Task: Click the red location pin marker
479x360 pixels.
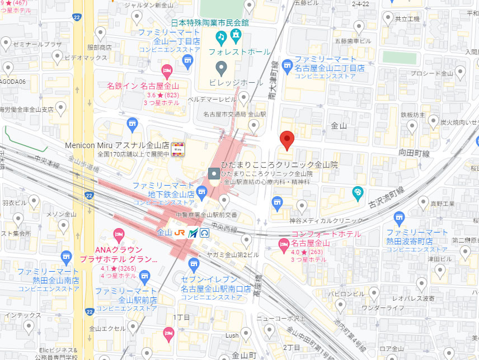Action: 287,140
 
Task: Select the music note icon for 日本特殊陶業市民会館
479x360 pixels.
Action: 222,38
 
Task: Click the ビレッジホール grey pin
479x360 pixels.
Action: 222,69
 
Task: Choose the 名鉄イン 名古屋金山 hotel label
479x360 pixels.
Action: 143,86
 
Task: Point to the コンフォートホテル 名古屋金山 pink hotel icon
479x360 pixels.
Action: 284,244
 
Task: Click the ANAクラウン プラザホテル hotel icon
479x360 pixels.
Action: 118,233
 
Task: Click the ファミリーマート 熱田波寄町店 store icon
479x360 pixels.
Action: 398,217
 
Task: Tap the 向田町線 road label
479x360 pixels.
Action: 414,151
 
